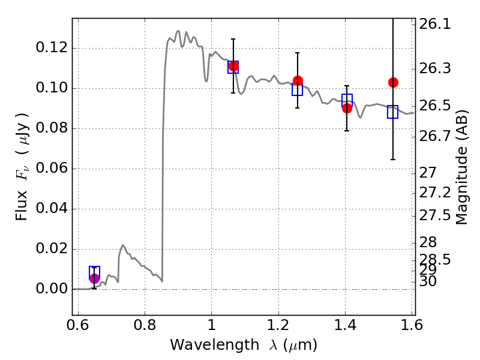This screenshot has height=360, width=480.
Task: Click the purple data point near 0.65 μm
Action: pyautogui.click(x=95, y=278)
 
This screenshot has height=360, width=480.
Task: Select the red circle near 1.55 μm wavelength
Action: pyautogui.click(x=393, y=82)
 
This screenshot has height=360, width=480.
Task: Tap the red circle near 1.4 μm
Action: pyautogui.click(x=347, y=108)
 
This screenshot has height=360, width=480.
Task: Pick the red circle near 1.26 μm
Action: pyautogui.click(x=298, y=81)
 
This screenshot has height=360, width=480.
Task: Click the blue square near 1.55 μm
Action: pyautogui.click(x=392, y=112)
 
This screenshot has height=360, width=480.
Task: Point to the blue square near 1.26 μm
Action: pyautogui.click(x=297, y=89)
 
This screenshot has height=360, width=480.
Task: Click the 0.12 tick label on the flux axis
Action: pyautogui.click(x=52, y=48)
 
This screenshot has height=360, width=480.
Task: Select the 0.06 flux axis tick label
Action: pyautogui.click(x=52, y=168)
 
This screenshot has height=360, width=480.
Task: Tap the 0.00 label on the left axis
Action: pyautogui.click(x=52, y=289)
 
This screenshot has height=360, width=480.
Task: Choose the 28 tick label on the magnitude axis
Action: pyautogui.click(x=428, y=242)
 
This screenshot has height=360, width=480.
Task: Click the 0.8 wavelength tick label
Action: pyautogui.click(x=145, y=325)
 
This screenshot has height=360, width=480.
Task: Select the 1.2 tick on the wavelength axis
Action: pyautogui.click(x=278, y=325)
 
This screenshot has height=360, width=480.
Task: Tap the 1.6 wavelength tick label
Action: pyautogui.click(x=412, y=325)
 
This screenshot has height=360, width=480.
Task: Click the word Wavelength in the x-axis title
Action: pyautogui.click(x=215, y=345)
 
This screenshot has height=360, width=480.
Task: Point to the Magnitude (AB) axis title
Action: pyautogui.click(x=462, y=167)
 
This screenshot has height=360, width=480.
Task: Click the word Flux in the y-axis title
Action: pyautogui.click(x=22, y=206)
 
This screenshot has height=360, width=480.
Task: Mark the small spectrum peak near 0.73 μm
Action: pyautogui.click(x=123, y=245)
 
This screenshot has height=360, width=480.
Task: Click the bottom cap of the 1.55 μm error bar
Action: pyautogui.click(x=393, y=160)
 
